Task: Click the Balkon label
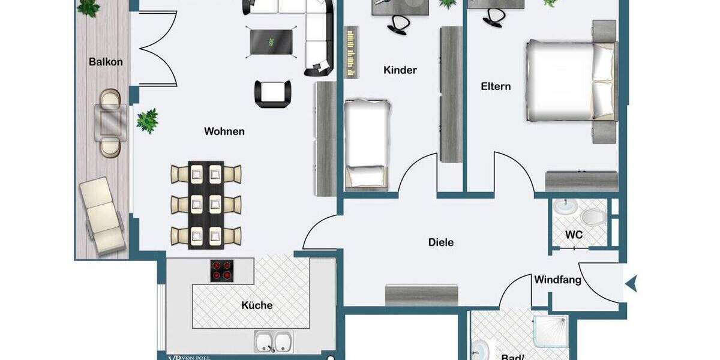106,62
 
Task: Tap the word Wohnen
224,131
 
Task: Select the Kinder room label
400,70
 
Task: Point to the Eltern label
496,86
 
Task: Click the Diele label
441,242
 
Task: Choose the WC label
574,235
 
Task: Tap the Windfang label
557,280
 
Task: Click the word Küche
257,305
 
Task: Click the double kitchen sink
273,342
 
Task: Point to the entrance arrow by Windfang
631,282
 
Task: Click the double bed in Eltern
568,80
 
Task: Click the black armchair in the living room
273,92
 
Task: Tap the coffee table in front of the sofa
272,42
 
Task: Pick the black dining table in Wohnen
206,205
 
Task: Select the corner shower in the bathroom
550,334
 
